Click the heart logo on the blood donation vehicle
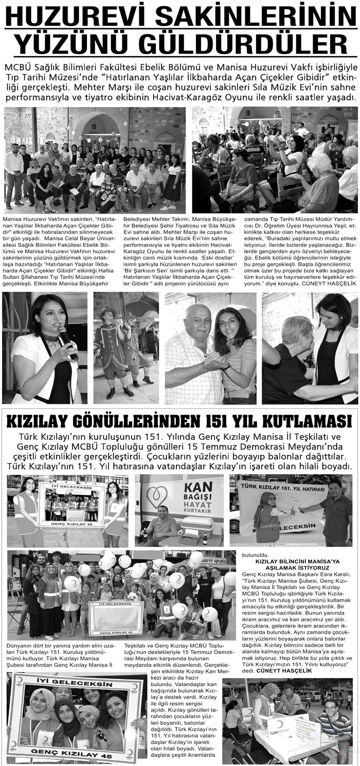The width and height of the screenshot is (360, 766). tap(156, 496)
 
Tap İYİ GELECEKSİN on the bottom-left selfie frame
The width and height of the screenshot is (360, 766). tap(75, 685)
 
